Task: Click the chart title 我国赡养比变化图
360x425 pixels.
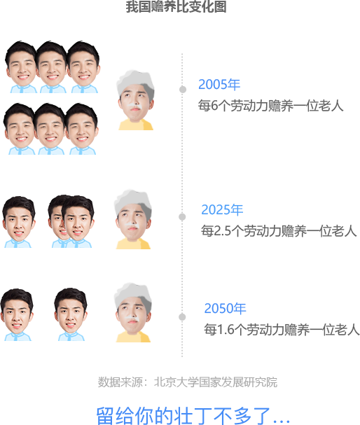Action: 176,6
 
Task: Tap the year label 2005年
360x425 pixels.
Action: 219,84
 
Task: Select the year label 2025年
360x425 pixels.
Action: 222,210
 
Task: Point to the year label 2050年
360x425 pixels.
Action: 225,308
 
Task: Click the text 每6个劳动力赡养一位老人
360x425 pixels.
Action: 271,106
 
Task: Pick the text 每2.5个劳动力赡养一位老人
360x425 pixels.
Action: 279,231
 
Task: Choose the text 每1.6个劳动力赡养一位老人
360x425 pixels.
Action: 282,329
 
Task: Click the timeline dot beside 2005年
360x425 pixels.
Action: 183,89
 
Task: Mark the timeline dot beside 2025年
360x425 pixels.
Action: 182,216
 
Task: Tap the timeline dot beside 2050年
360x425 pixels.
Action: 182,316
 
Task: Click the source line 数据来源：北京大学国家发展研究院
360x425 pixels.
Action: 188,382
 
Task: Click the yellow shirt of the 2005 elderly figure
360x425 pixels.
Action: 136,125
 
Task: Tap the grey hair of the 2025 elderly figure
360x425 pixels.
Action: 133,202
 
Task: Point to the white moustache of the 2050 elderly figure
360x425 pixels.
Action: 132,318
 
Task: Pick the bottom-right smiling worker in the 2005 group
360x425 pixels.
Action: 82,129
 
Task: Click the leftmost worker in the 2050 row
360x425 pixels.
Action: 17,314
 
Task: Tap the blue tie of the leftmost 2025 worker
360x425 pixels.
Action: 15,244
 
